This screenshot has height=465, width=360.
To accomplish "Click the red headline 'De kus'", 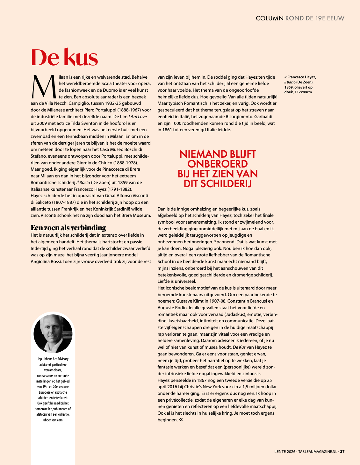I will point(64,58).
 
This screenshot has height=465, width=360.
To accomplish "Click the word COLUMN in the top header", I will point(270,18).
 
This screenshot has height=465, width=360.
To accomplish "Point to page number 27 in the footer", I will point(342,451).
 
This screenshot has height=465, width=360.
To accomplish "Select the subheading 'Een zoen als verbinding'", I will point(68,227).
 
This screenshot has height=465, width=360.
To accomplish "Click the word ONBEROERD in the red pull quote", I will point(217,164).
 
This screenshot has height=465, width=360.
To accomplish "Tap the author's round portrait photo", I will point(53,333).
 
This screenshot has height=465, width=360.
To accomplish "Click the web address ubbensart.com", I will point(53,420).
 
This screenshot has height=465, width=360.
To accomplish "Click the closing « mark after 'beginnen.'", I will point(181,419).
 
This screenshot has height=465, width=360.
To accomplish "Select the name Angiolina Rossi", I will point(46,261).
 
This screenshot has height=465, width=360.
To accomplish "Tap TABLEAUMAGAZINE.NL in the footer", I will point(318,451).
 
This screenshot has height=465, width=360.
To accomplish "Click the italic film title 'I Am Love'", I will point(138,117).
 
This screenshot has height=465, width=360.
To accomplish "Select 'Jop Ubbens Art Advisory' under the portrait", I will point(53,359).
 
